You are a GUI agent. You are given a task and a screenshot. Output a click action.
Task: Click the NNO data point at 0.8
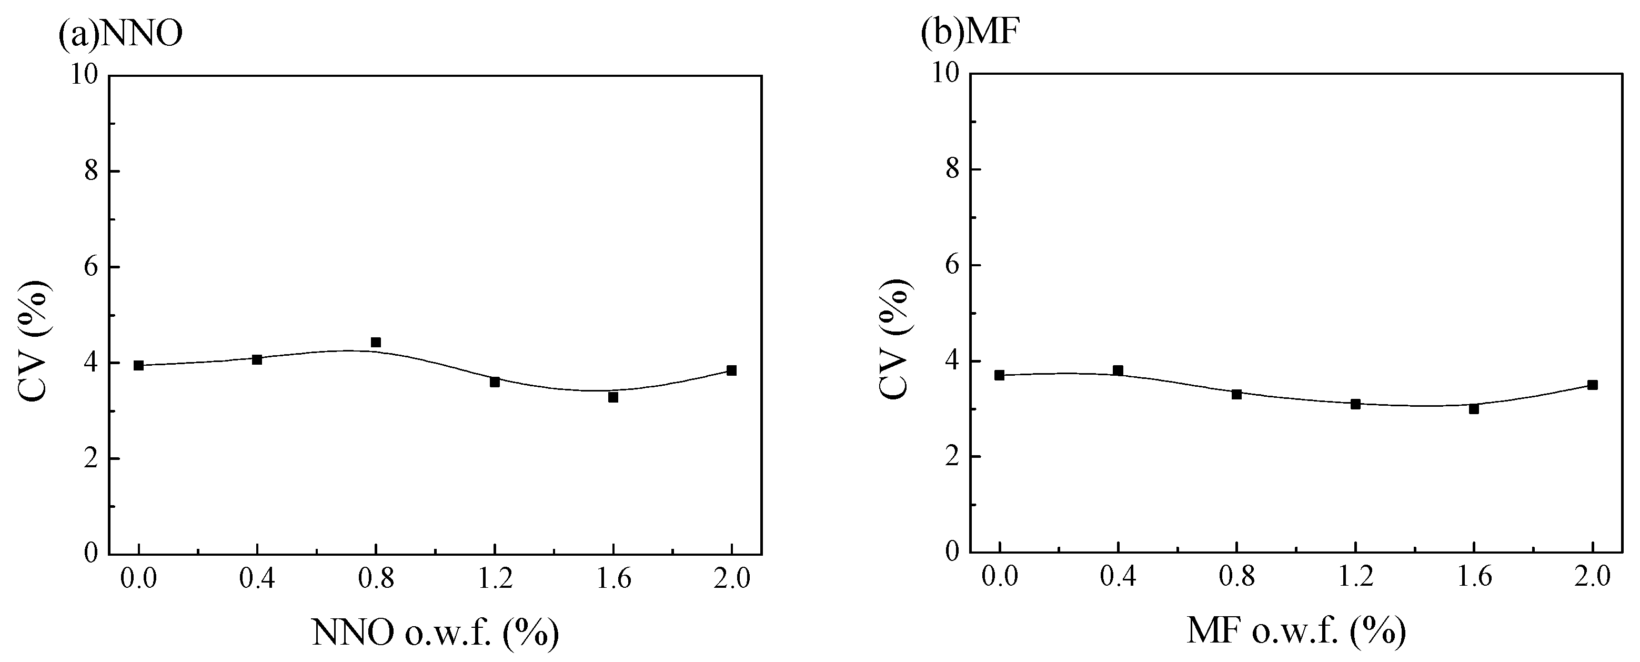[376, 343]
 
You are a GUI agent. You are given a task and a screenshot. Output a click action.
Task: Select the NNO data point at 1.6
[613, 397]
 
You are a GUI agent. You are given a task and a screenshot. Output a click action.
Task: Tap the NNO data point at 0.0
[139, 365]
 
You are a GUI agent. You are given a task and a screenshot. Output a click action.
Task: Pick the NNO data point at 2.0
[731, 370]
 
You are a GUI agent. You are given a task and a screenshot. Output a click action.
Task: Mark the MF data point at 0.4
[1118, 370]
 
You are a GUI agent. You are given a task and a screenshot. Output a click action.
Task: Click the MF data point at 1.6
[1474, 409]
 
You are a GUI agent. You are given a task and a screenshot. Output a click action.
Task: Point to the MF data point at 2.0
[1592, 385]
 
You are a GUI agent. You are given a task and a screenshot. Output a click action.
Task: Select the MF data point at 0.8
[1236, 394]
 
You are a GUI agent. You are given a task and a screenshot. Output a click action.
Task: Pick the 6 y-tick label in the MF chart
[952, 265]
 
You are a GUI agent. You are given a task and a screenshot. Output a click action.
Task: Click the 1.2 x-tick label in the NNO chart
[495, 580]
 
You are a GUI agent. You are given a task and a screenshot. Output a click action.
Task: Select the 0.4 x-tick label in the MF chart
[1118, 577]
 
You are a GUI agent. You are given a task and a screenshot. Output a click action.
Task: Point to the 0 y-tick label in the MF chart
[952, 551]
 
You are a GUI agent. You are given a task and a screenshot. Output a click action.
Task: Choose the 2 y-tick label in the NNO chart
[91, 459]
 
